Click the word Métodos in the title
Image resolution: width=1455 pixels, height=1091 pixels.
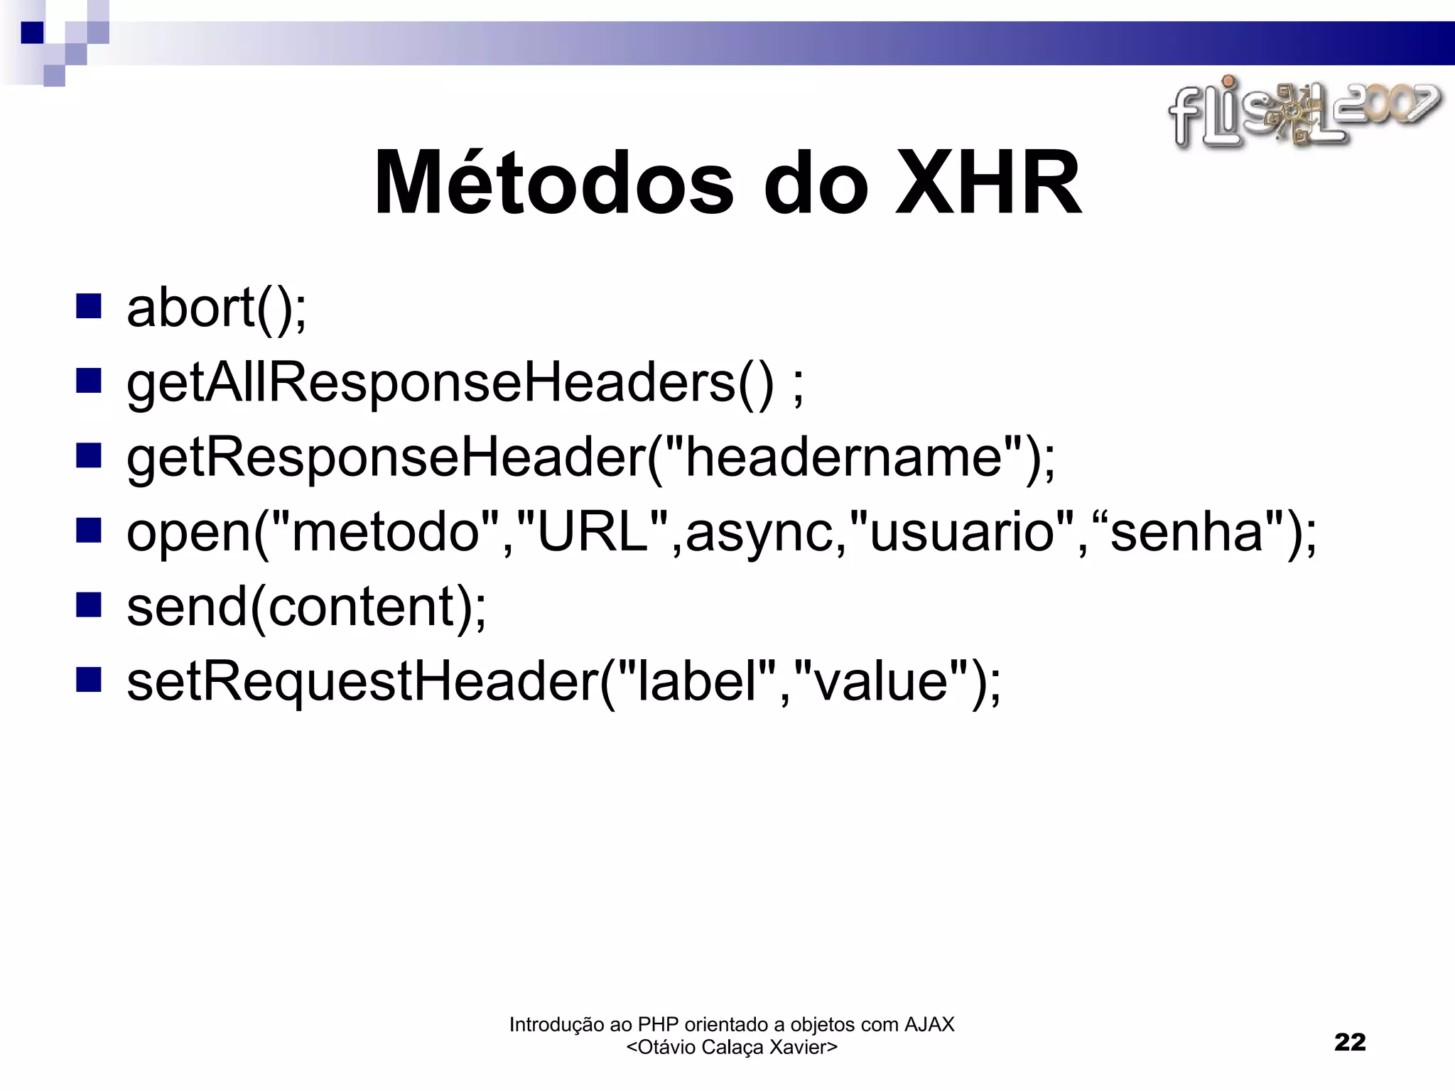554,183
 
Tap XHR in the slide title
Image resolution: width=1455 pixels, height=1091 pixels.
989,183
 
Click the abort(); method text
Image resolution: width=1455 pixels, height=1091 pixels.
217,308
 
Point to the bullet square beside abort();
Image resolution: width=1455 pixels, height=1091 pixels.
89,306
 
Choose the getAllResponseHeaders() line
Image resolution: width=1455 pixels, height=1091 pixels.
465,384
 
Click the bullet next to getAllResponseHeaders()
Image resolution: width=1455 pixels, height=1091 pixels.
89,381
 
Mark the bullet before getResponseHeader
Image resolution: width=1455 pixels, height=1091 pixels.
89,456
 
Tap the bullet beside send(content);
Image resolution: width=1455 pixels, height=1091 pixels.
89,605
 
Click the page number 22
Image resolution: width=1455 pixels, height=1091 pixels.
1350,1042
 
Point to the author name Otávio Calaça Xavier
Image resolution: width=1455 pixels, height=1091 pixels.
732,1047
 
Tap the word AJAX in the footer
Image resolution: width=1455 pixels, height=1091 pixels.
929,1024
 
